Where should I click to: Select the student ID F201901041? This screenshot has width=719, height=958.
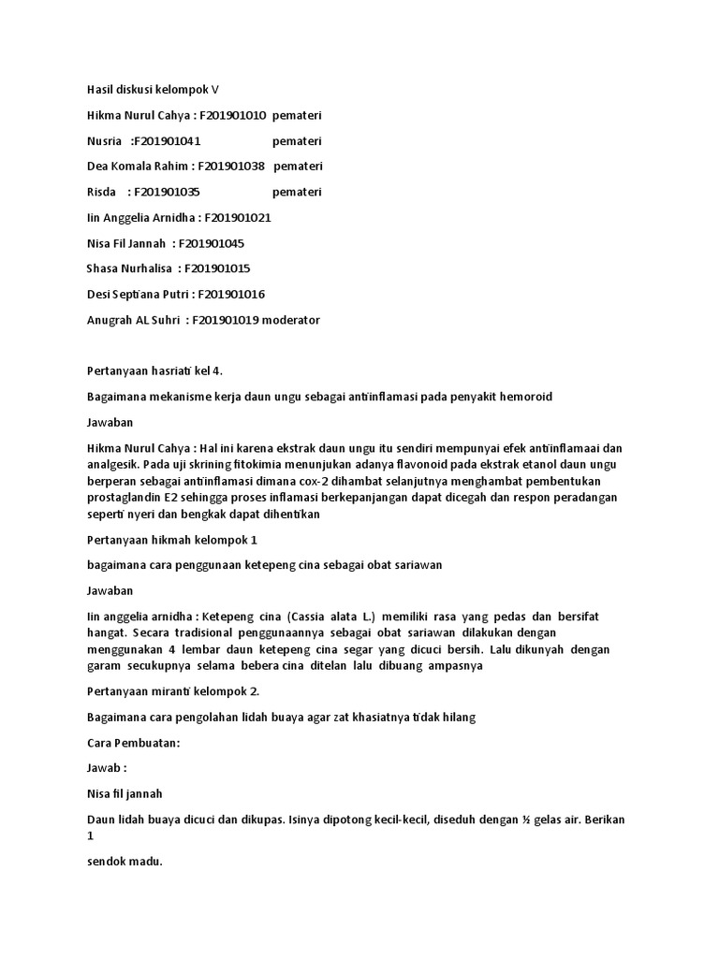point(167,141)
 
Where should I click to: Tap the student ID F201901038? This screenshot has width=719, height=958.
point(232,167)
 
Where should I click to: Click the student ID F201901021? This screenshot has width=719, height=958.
point(238,217)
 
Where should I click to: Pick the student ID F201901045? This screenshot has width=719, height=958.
point(212,243)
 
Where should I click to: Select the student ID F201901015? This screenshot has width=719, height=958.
point(217,269)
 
